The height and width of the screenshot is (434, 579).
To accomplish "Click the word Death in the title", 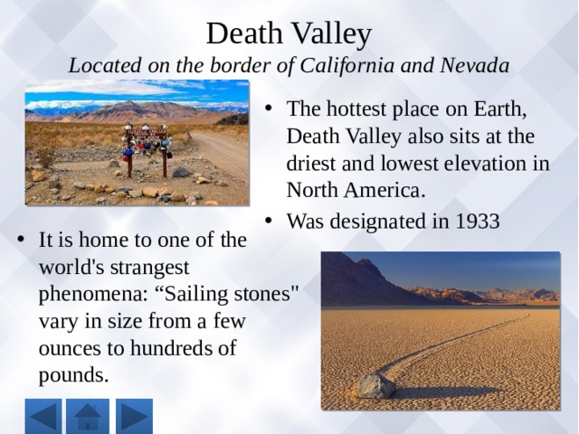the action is (244, 33).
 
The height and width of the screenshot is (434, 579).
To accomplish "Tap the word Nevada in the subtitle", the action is (474, 65).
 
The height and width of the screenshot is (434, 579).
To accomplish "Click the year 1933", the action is (478, 221).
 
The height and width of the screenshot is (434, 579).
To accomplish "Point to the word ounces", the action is (70, 348).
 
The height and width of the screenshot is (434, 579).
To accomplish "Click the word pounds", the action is (73, 375).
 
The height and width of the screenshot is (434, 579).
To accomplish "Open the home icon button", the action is (88, 416).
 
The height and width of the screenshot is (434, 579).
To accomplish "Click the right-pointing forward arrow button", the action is (134, 416).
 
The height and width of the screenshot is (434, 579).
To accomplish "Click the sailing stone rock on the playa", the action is (377, 386).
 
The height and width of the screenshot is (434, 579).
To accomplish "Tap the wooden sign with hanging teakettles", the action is (147, 148).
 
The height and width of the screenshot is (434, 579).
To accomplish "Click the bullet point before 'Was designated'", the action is (269, 221).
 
